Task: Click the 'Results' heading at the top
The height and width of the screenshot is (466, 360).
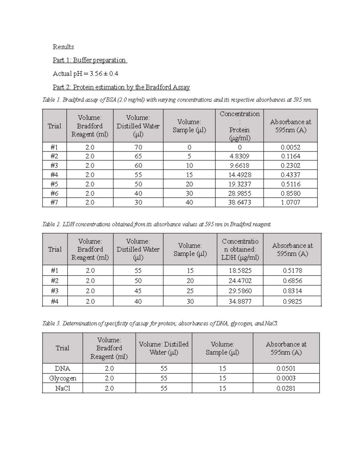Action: click(63, 47)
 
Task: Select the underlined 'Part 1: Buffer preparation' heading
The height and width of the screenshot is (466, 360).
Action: click(89, 60)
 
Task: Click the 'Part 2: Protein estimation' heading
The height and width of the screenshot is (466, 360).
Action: click(121, 87)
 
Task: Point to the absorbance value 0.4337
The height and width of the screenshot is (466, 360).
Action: click(290, 175)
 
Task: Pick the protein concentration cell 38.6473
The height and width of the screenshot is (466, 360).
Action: click(239, 202)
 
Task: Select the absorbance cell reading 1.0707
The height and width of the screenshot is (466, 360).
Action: click(290, 202)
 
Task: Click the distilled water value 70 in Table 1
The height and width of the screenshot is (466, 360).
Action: click(138, 147)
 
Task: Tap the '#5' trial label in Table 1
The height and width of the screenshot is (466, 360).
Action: click(54, 184)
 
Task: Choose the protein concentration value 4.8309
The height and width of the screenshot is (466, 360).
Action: click(239, 156)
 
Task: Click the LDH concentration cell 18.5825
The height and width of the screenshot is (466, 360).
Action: click(240, 270)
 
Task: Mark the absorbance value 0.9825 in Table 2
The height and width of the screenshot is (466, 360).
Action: click(292, 301)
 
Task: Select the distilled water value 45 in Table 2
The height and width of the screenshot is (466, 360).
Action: click(138, 291)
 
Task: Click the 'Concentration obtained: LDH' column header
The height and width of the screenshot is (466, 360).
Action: click(240, 249)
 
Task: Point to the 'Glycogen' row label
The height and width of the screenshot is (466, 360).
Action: click(62, 378)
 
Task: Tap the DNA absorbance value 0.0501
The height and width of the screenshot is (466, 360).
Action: click(286, 368)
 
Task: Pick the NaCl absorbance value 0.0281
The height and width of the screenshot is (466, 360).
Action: click(286, 388)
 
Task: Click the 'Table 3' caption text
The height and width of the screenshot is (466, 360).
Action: click(160, 323)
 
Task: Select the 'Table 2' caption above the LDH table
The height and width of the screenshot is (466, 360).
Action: click(157, 224)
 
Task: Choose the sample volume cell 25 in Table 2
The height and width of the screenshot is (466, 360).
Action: click(190, 291)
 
